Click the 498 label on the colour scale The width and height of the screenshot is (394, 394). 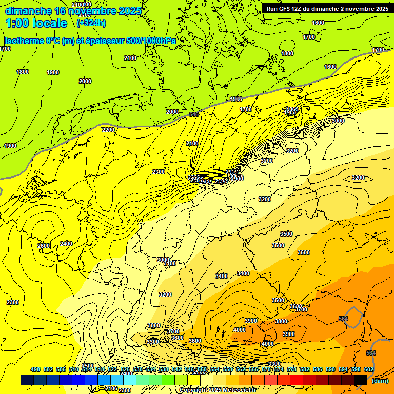(x=35, y=369)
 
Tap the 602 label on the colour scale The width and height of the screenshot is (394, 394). (x=369, y=369)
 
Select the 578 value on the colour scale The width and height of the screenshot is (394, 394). (x=292, y=369)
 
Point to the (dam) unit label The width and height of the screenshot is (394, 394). (x=379, y=381)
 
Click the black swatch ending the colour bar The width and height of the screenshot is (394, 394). (x=361, y=380)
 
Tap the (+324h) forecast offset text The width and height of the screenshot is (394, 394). (x=91, y=23)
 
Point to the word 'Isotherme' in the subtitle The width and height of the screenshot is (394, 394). (x=23, y=41)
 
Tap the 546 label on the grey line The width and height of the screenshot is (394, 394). (x=194, y=114)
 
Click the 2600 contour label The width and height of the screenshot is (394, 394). (x=44, y=246)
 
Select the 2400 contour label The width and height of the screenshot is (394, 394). (x=66, y=244)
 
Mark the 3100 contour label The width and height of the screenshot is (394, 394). (x=170, y=263)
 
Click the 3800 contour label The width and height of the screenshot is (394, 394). (x=281, y=321)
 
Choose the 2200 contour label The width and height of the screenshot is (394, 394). (x=108, y=130)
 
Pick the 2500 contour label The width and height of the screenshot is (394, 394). (x=88, y=366)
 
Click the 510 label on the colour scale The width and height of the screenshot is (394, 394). (x=74, y=369)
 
